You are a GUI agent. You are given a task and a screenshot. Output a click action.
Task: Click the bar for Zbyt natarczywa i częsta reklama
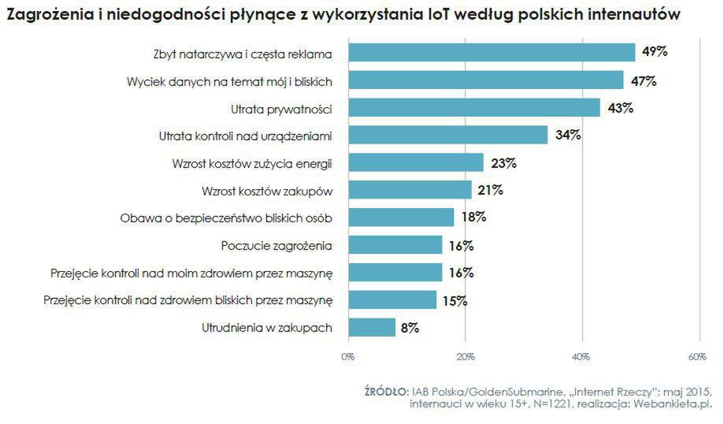(x=492, y=53)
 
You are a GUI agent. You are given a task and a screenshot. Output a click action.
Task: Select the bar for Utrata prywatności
(x=474, y=108)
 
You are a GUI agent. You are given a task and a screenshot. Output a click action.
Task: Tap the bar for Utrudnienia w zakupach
(x=372, y=328)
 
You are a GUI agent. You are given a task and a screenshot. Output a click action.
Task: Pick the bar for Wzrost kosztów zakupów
(x=410, y=190)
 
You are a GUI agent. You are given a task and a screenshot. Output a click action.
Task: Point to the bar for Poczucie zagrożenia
(x=395, y=245)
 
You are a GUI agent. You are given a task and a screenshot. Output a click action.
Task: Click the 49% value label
(x=655, y=52)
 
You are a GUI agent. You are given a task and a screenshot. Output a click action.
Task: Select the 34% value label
(x=568, y=135)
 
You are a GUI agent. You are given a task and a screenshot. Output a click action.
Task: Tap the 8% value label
(x=410, y=328)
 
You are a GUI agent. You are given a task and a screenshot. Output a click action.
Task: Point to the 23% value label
(x=503, y=163)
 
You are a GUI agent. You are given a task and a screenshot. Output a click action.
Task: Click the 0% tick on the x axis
(x=348, y=357)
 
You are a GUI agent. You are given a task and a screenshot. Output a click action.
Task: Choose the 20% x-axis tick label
(x=466, y=357)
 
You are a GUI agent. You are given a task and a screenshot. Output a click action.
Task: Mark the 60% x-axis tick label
(x=697, y=357)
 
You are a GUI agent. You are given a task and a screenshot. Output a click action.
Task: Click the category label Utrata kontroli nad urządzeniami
(x=245, y=136)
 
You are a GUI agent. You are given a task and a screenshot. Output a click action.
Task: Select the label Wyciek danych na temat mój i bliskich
(x=229, y=81)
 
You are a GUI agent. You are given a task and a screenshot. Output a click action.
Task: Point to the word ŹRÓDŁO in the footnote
(x=386, y=392)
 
